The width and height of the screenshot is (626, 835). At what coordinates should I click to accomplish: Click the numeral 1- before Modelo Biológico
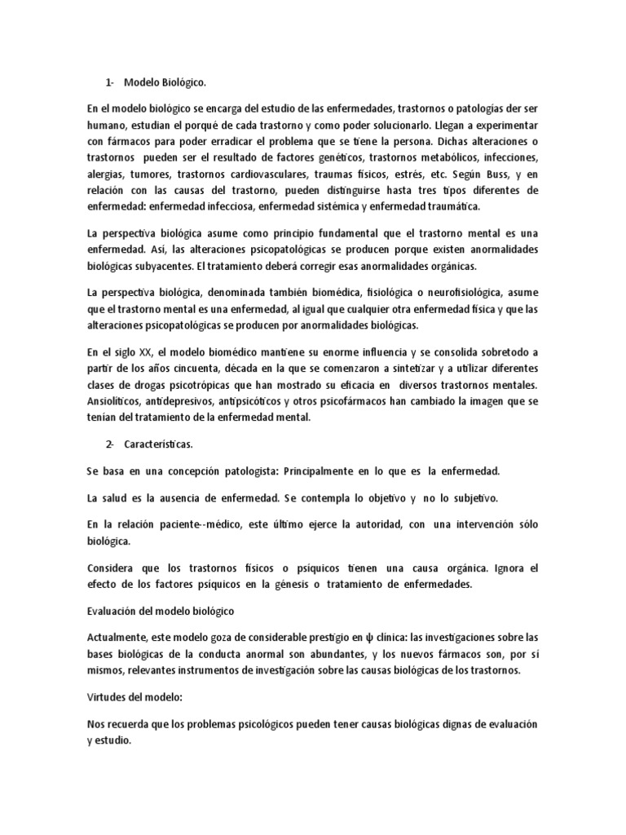111,82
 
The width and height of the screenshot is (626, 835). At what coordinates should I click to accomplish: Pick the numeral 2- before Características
111,445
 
